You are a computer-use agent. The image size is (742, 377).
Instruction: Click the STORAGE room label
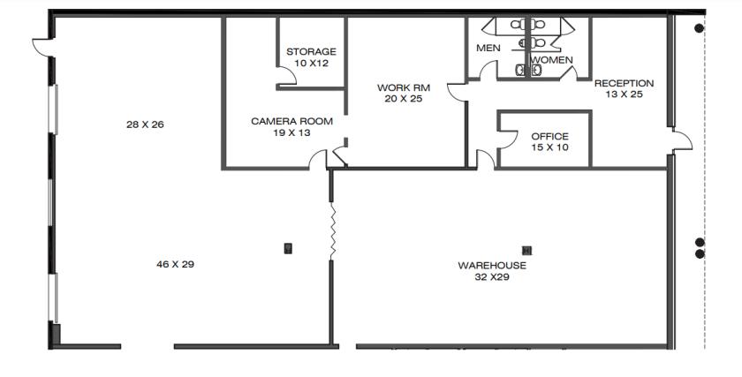pos(311,51)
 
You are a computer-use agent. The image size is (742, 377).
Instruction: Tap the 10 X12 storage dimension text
pos(311,63)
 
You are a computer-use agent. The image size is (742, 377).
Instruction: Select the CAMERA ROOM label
pos(292,121)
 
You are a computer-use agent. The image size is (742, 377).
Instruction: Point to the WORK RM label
pos(404,87)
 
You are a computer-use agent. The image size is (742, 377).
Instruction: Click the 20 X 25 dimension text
pos(404,99)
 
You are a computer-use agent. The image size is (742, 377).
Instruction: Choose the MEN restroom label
pos(488,48)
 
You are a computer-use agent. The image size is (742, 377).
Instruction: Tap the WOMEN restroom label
pos(552,60)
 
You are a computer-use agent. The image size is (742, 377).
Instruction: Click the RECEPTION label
pos(625,83)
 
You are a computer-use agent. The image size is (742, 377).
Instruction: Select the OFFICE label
pos(549,137)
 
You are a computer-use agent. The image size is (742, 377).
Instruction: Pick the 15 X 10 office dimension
pos(549,147)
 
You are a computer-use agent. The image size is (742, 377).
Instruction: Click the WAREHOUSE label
pos(492,266)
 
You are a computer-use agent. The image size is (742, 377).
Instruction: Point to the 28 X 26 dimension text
pos(145,124)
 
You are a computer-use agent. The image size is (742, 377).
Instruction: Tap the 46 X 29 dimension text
pos(175,264)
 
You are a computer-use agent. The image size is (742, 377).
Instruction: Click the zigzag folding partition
pos(333,231)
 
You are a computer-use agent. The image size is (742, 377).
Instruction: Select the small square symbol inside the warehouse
pos(526,251)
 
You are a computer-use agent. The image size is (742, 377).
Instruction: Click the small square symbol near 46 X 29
pos(288,248)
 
